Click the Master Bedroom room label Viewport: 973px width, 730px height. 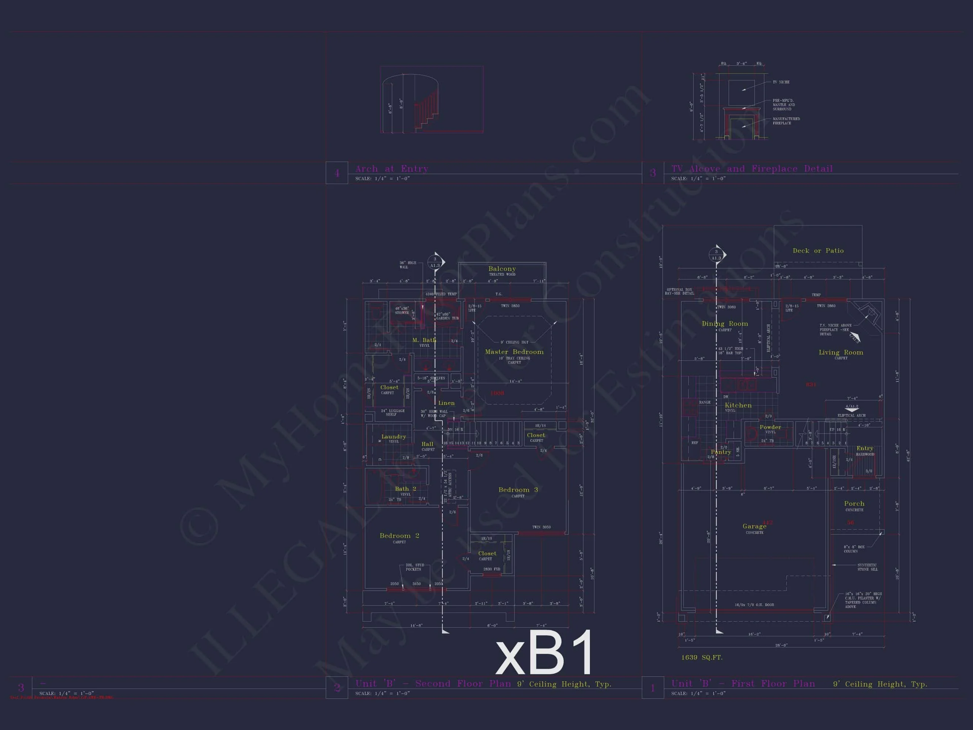[x=514, y=352]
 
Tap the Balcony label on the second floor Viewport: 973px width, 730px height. [x=502, y=269]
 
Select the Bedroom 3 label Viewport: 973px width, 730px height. [x=518, y=490]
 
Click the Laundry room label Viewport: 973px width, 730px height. [x=394, y=436]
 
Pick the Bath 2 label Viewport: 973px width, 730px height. [x=405, y=489]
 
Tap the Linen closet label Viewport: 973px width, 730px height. [x=446, y=403]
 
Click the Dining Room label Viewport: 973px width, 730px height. [x=724, y=324]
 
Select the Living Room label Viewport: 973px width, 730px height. [x=841, y=352]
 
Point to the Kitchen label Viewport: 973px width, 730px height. [x=738, y=405]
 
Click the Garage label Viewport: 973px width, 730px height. [x=754, y=526]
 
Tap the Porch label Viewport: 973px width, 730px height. [x=854, y=503]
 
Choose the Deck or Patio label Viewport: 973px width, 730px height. [x=818, y=251]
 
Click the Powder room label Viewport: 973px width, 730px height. [x=770, y=427]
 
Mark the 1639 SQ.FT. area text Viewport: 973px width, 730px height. [x=702, y=657]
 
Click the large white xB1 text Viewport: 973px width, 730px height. [x=544, y=653]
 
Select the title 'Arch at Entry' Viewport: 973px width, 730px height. [x=391, y=168]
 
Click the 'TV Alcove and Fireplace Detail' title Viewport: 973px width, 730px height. [x=752, y=168]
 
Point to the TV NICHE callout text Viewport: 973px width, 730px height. [x=781, y=82]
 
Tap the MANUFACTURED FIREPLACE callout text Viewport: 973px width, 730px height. [x=786, y=121]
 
